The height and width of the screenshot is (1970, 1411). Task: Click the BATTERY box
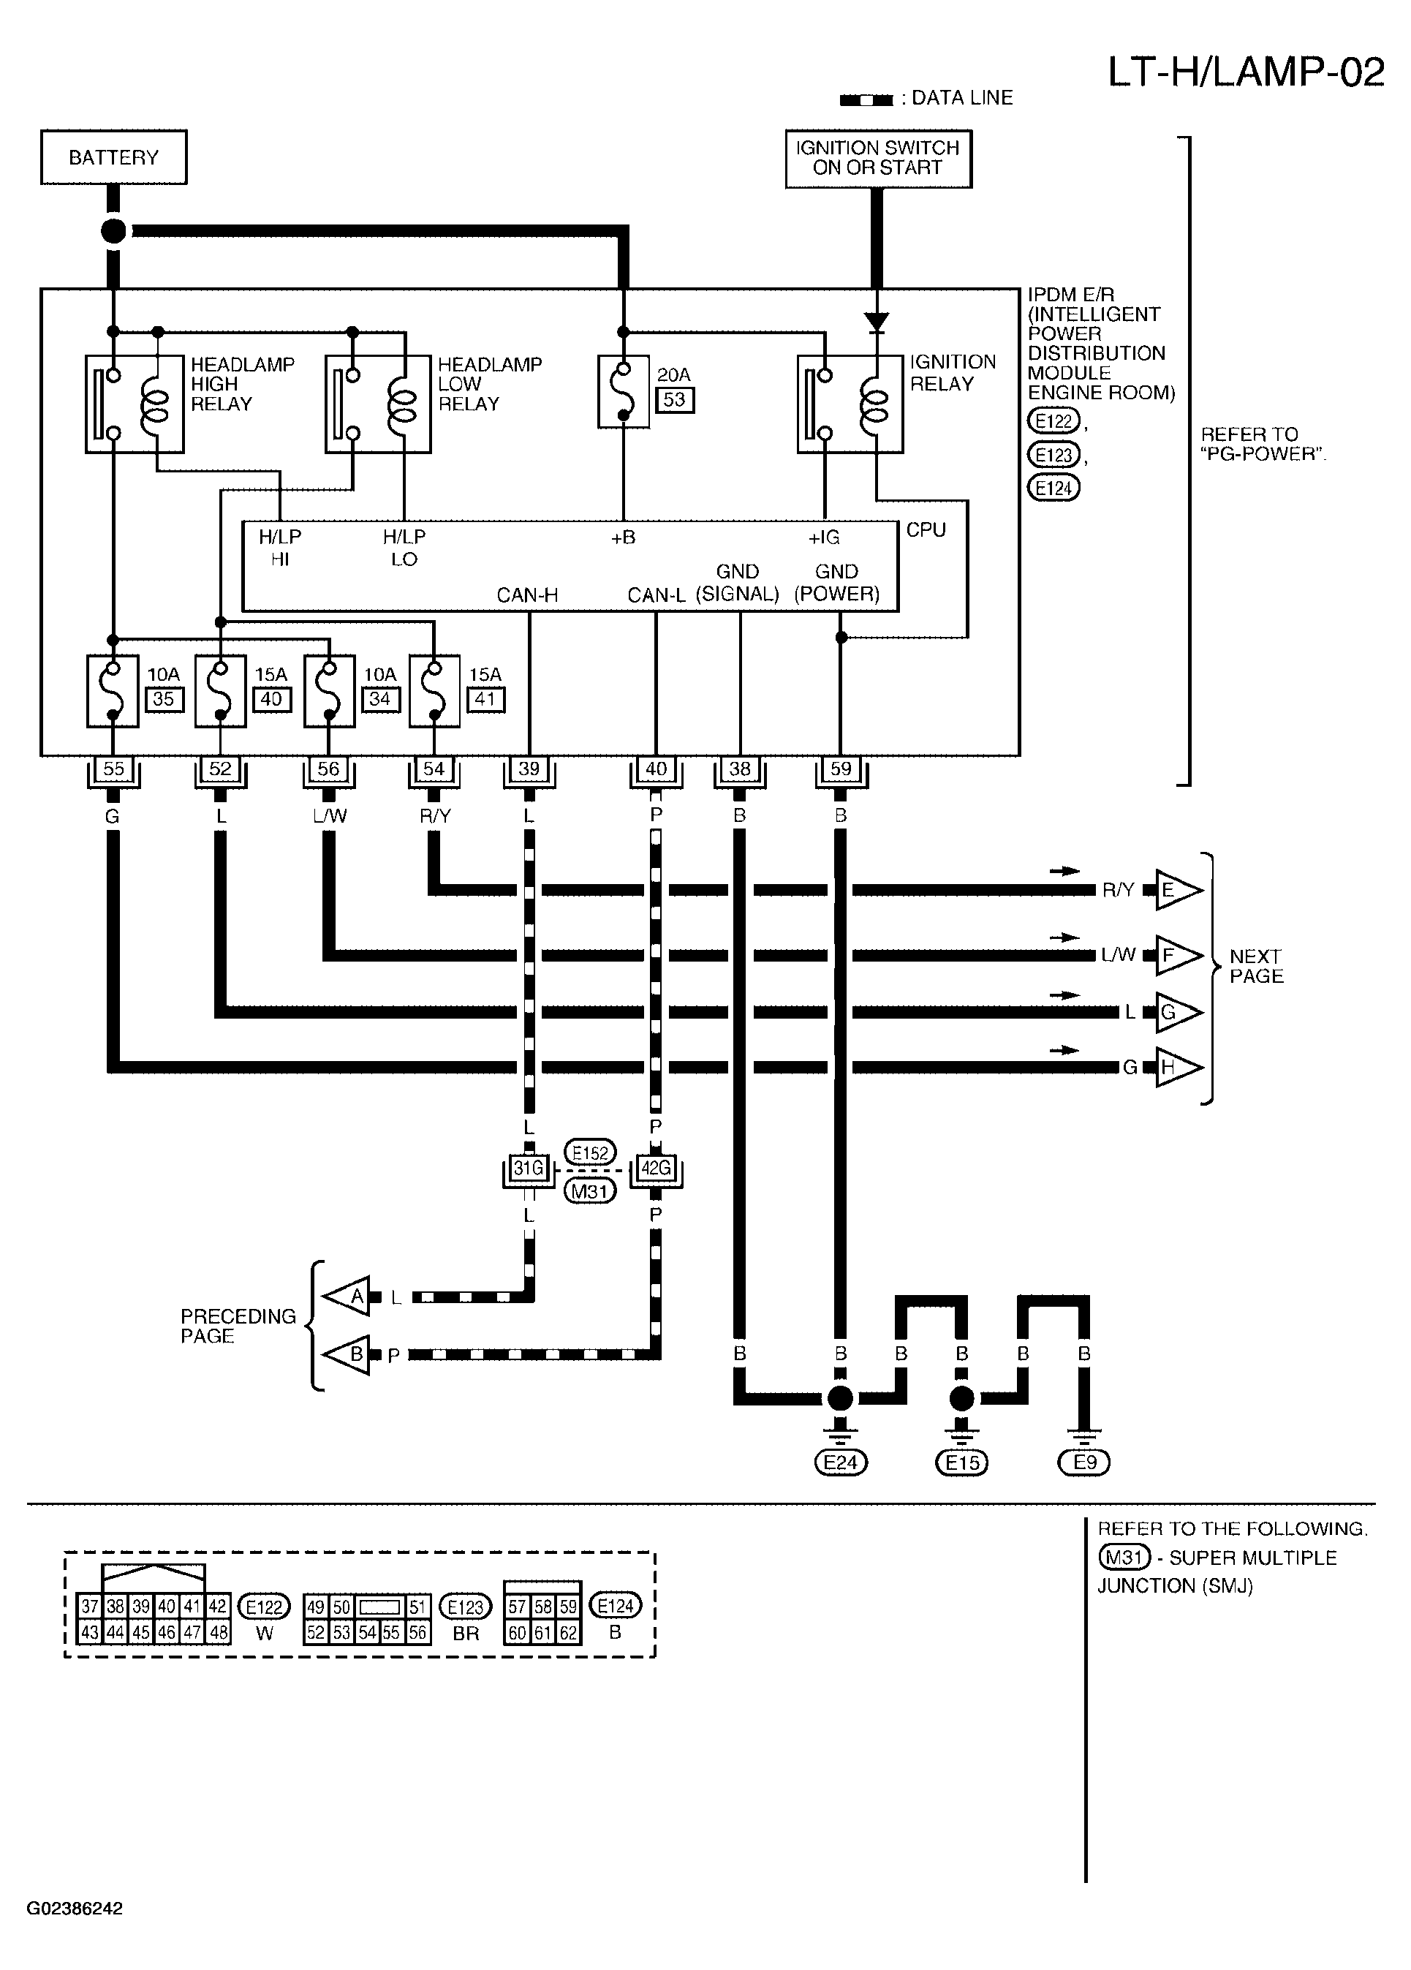114,157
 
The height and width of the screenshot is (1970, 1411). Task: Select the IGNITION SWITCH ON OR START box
878,158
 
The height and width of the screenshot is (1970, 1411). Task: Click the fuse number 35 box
163,699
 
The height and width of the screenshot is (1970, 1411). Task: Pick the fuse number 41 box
485,699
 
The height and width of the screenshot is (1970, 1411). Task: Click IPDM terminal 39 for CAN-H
529,769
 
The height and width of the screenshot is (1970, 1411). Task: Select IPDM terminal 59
841,769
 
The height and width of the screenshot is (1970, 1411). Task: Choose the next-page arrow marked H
1179,1068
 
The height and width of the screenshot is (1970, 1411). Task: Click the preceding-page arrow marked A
347,1297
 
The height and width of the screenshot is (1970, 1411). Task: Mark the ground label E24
841,1463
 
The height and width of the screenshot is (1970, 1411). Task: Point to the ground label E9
1084,1462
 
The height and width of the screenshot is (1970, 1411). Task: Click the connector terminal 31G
529,1169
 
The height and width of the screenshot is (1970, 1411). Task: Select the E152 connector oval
591,1152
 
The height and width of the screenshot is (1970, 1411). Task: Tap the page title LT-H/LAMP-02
1246,72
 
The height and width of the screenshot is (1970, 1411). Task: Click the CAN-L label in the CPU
657,595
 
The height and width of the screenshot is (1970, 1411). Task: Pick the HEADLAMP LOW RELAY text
490,384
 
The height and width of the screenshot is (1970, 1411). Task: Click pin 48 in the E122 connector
218,1633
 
